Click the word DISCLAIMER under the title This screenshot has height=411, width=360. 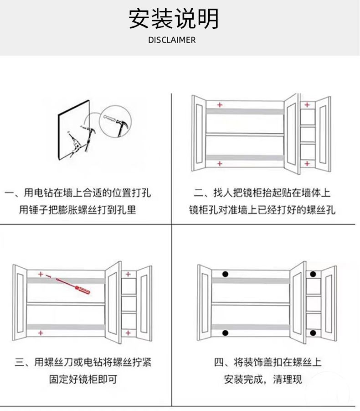point(172,40)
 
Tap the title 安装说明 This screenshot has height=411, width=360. point(174,19)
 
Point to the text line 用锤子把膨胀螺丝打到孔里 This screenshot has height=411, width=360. point(78,210)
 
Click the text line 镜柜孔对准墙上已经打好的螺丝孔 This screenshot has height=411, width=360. point(262,210)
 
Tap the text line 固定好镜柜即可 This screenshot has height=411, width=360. point(83,380)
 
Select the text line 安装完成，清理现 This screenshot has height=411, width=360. point(263,380)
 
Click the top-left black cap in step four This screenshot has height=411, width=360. point(225,274)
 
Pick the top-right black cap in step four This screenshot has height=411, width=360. point(313,274)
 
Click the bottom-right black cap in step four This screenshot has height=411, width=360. point(313,333)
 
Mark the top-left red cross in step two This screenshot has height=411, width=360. point(220,105)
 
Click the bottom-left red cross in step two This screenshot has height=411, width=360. point(220,163)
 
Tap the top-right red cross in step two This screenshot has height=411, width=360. point(307,105)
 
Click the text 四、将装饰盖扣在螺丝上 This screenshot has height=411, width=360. point(267,363)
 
